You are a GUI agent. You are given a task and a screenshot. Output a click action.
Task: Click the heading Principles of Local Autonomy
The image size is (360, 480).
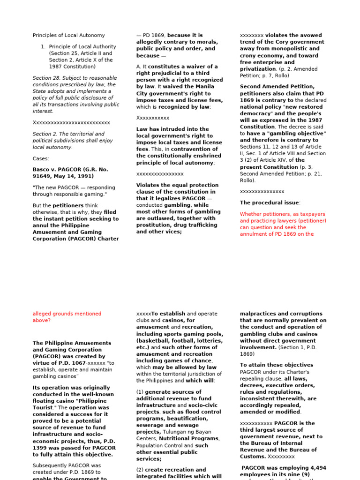pos(68,35)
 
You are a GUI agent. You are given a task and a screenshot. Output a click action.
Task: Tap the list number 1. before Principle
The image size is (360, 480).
pos(43,46)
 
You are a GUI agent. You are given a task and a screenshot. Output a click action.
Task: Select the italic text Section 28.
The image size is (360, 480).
pos(45,78)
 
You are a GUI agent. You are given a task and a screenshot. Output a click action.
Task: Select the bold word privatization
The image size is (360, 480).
pos(258,68)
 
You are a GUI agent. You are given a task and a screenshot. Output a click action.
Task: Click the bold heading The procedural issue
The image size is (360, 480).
pos(269,202)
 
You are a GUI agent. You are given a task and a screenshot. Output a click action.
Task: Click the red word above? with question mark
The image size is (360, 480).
pos(42,321)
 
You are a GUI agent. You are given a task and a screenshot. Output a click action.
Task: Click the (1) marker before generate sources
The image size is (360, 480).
pos(140,392)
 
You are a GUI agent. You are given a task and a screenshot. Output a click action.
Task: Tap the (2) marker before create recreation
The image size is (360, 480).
pos(140,470)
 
